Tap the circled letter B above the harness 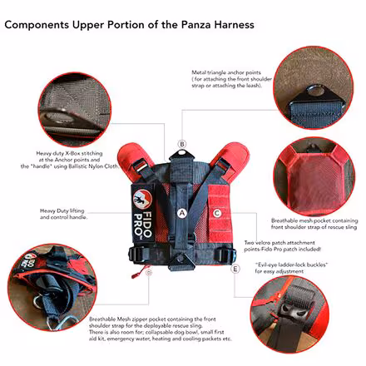pos(181,143)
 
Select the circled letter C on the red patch pos(216,213)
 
